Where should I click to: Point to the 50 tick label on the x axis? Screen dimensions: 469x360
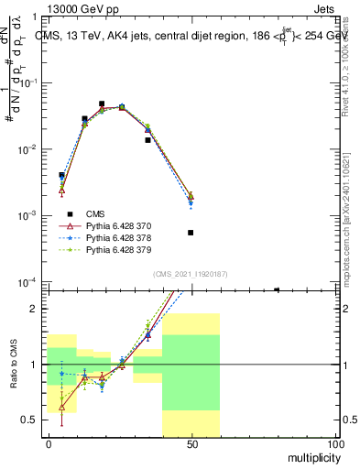tap(191, 444)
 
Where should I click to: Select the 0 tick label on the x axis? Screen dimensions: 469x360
tap(49, 444)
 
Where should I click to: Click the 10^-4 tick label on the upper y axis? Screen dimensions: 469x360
tap(28, 282)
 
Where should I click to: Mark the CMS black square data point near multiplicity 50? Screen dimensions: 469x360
tap(191, 233)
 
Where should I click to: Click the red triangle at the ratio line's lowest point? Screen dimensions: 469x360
tap(62, 407)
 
